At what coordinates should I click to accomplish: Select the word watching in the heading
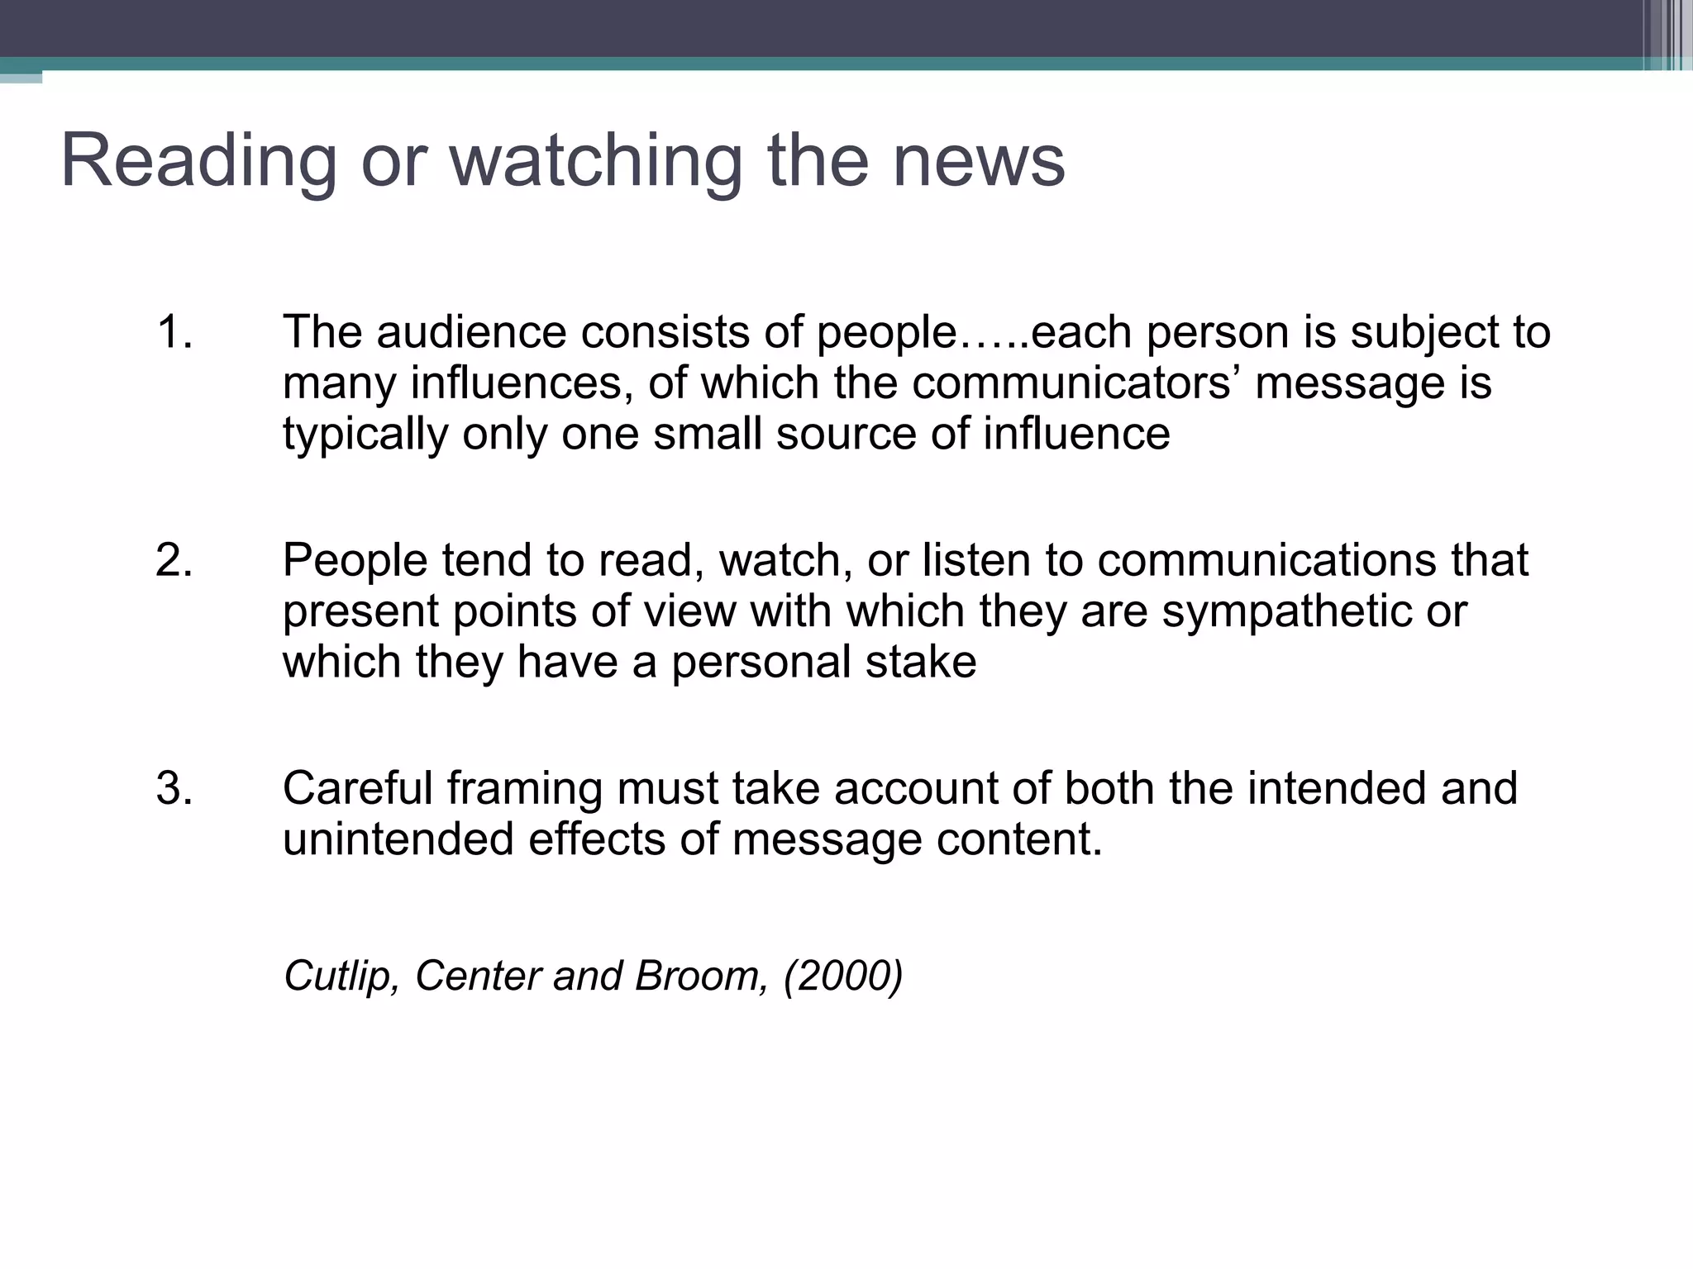click(x=595, y=162)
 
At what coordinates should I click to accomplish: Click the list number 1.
click(x=174, y=332)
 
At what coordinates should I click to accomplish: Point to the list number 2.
click(x=174, y=560)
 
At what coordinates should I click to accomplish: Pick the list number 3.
click(x=174, y=788)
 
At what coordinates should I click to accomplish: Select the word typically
click(x=365, y=435)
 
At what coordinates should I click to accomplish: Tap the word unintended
click(x=398, y=839)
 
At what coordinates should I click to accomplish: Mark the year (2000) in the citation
click(x=843, y=976)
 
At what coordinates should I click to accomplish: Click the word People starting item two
click(x=355, y=562)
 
